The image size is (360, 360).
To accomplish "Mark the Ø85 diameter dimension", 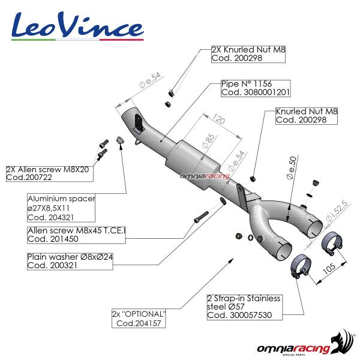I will click(x=209, y=140).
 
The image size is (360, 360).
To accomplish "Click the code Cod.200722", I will click(x=31, y=178).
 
